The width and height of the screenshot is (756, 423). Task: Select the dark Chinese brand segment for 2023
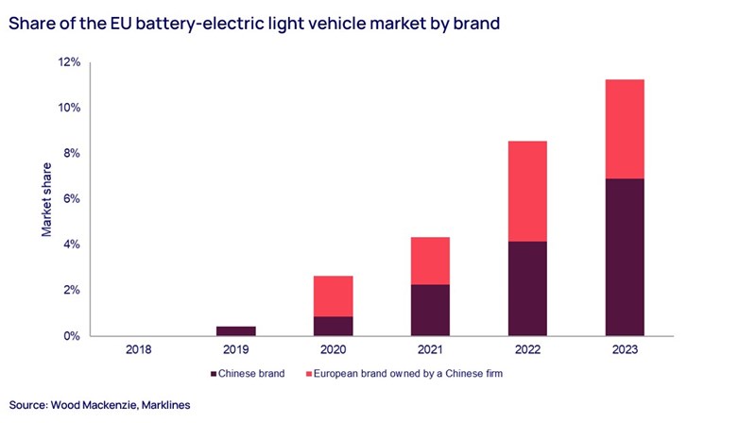click(x=625, y=257)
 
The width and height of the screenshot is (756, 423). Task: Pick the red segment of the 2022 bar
click(x=526, y=191)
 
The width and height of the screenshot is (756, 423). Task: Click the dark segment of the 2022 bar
click(x=526, y=288)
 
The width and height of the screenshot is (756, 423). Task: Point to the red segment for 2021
click(x=430, y=261)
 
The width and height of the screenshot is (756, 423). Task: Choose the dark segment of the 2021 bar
click(x=430, y=310)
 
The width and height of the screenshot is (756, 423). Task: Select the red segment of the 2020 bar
click(x=332, y=296)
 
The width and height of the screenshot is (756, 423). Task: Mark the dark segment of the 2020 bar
click(x=332, y=326)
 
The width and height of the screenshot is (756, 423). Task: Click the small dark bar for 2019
click(x=235, y=330)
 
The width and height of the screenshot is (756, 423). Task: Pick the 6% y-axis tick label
click(x=73, y=199)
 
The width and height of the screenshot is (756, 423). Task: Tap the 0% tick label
click(x=73, y=336)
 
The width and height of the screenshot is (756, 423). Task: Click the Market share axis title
click(x=44, y=200)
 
